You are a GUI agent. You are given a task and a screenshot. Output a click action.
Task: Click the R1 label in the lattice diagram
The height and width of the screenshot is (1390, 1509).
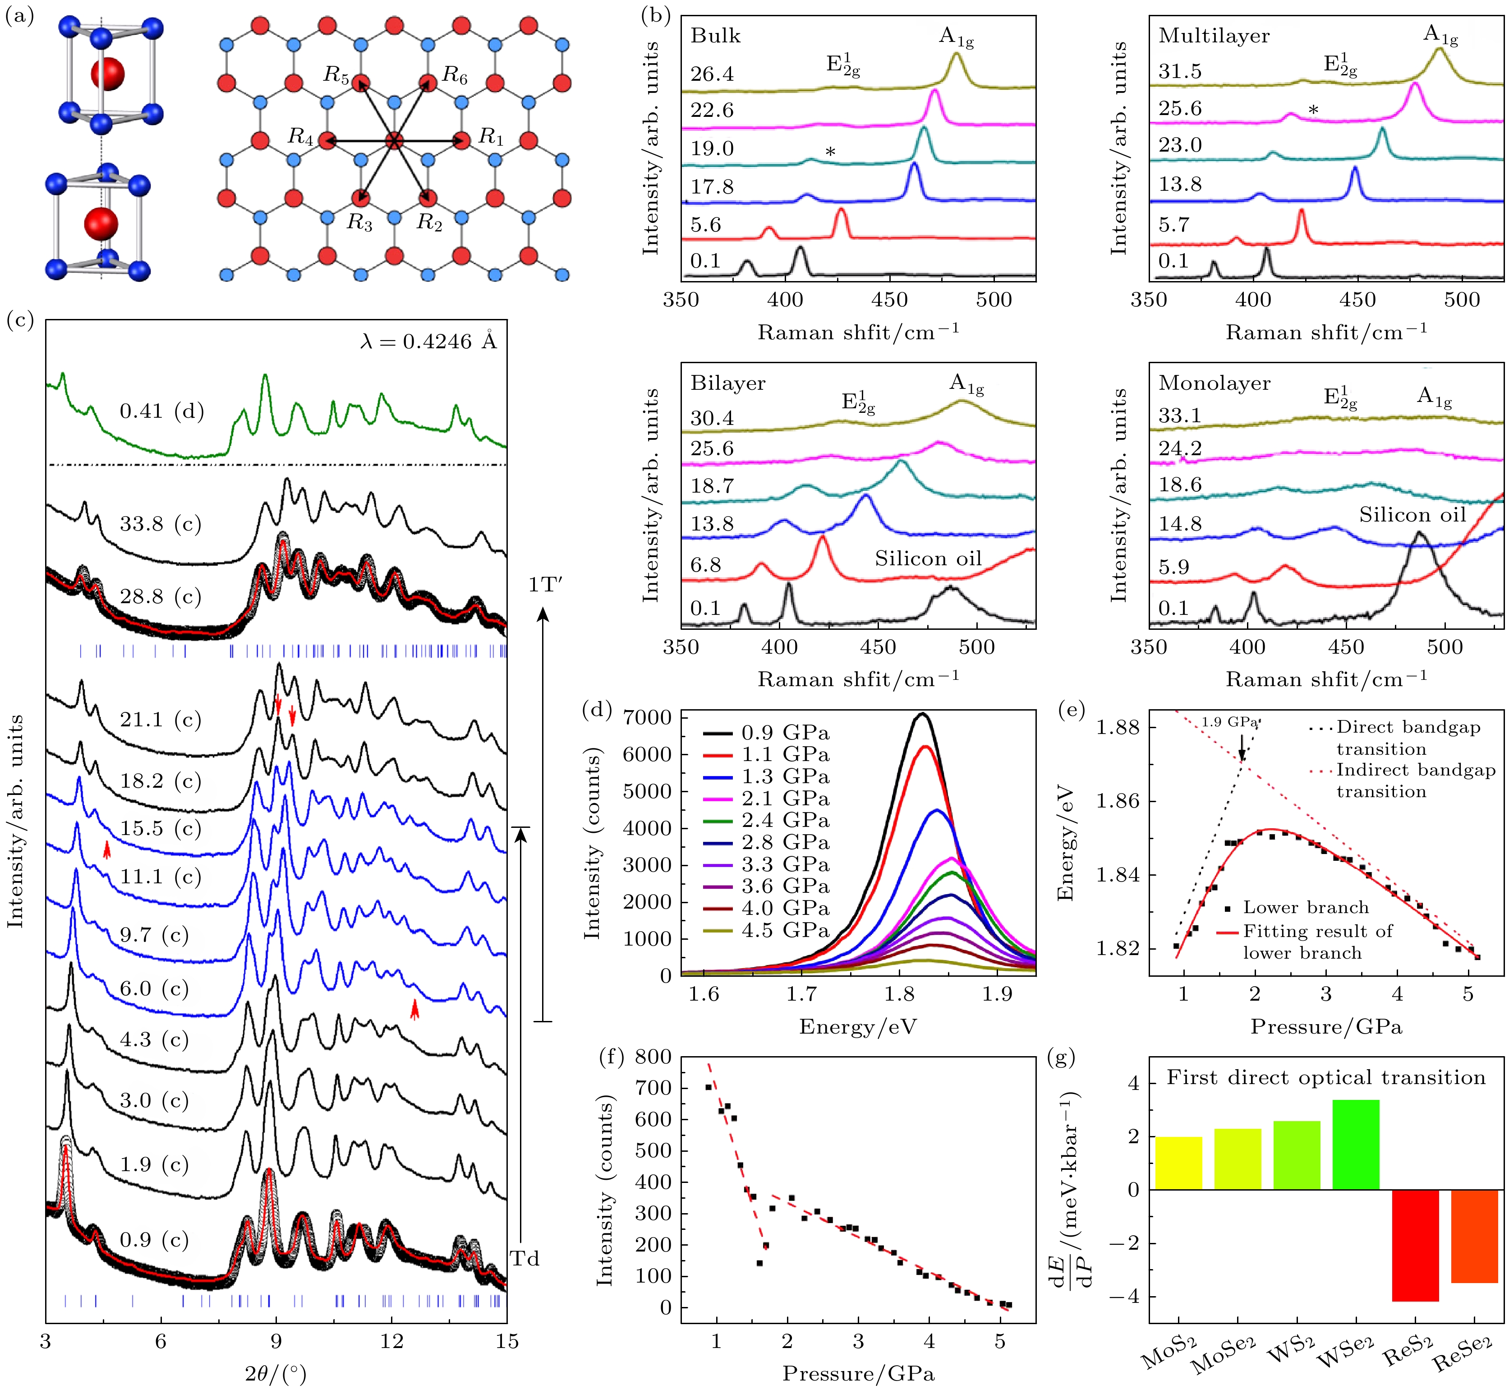point(491,137)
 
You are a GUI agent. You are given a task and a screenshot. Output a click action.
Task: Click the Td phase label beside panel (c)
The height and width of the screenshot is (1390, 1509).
point(525,1258)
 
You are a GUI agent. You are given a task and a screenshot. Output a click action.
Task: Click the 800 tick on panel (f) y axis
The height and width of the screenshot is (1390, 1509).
point(653,1057)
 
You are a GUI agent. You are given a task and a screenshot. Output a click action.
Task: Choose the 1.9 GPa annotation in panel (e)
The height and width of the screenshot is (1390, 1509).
point(1229,722)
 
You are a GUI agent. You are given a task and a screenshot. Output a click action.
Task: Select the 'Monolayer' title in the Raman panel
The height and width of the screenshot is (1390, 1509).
point(1214,383)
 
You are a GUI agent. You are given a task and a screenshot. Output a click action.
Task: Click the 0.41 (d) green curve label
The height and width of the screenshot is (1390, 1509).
point(161,411)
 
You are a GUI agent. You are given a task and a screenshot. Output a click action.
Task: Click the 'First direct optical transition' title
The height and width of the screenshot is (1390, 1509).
point(1325,1078)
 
